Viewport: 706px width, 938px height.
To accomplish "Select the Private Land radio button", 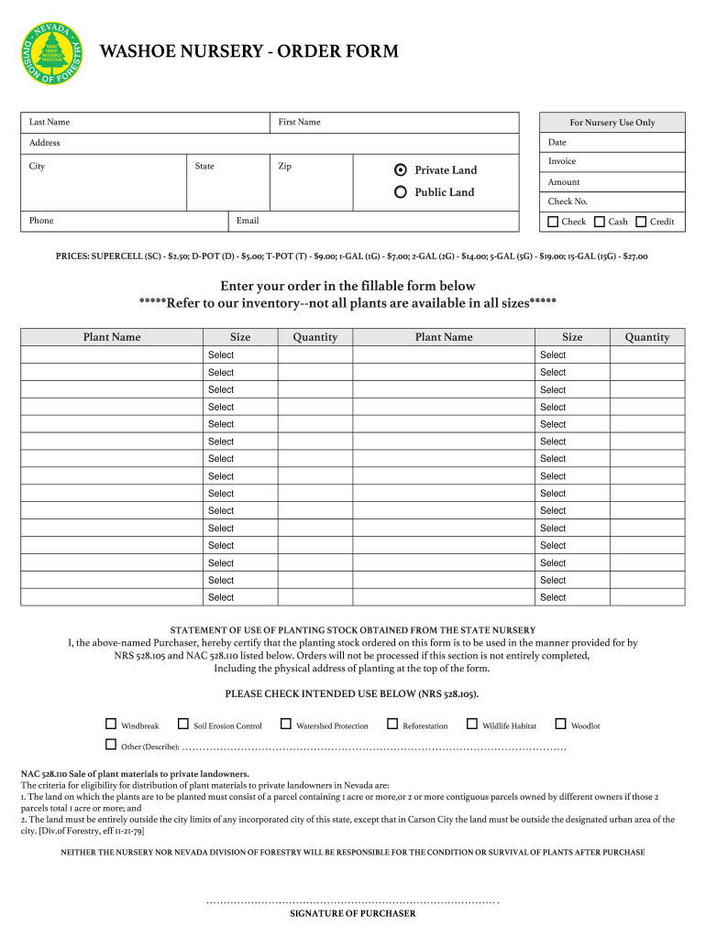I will (400, 169).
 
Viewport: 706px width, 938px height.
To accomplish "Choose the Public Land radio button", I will (400, 192).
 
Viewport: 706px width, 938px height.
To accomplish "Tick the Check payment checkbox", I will (553, 222).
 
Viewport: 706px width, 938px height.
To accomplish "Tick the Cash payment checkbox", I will (600, 222).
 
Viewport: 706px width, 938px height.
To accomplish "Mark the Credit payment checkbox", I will (641, 222).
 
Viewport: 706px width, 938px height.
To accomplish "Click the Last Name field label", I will (50, 122).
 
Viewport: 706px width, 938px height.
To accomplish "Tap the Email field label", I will (248, 221).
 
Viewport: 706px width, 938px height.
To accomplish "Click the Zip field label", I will (285, 166).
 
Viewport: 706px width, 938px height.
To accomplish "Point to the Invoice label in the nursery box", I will (562, 161).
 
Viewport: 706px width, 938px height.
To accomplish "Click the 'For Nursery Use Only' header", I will (612, 123).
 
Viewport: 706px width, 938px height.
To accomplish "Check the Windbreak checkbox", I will (111, 725).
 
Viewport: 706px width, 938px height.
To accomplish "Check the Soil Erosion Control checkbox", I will (183, 725).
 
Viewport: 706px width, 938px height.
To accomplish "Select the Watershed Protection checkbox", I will (286, 725).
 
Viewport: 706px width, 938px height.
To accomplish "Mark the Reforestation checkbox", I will (392, 725).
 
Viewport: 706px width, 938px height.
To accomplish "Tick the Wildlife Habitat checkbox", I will (472, 725).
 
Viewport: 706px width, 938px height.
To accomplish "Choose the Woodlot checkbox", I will (561, 725).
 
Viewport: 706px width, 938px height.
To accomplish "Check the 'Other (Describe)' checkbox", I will (111, 745).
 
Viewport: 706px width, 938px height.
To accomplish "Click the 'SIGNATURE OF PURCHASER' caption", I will (353, 913).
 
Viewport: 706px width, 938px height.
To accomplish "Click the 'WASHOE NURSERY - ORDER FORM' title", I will (248, 51).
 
